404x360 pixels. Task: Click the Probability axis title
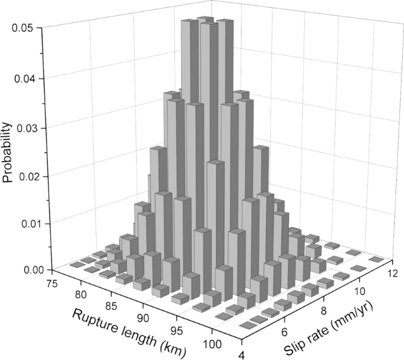(9, 152)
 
